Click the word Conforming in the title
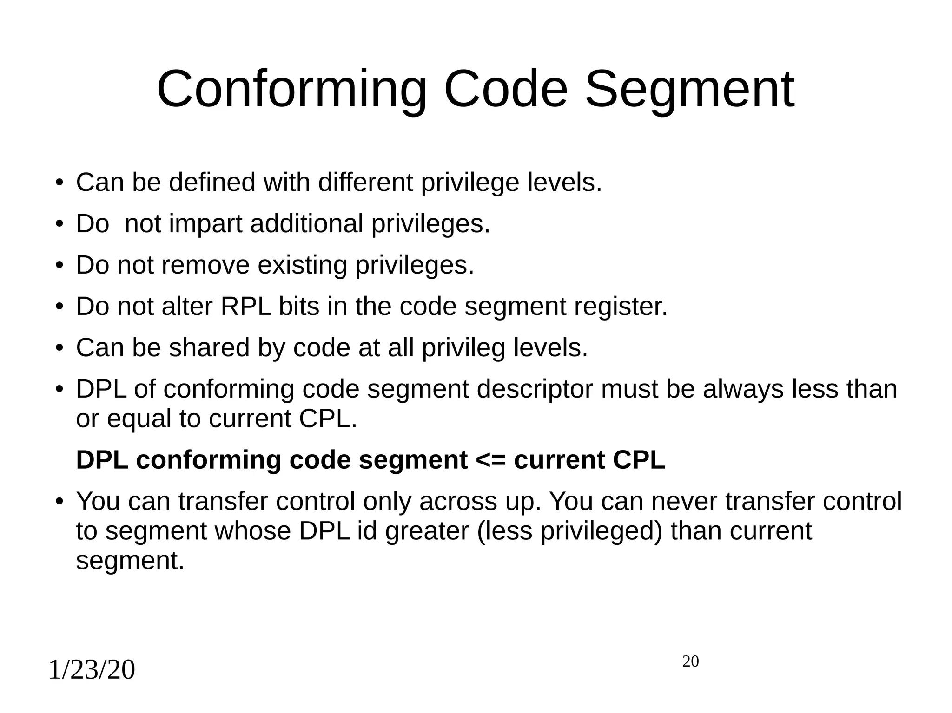(291, 89)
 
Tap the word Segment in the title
(689, 89)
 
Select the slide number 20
(690, 661)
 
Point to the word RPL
(245, 307)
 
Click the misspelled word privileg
(463, 348)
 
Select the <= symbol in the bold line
(491, 460)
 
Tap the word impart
(205, 224)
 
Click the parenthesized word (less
(505, 531)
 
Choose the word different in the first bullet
(365, 182)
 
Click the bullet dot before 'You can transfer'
(59, 502)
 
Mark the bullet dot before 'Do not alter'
(59, 307)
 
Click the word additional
(307, 224)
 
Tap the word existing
(303, 265)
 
